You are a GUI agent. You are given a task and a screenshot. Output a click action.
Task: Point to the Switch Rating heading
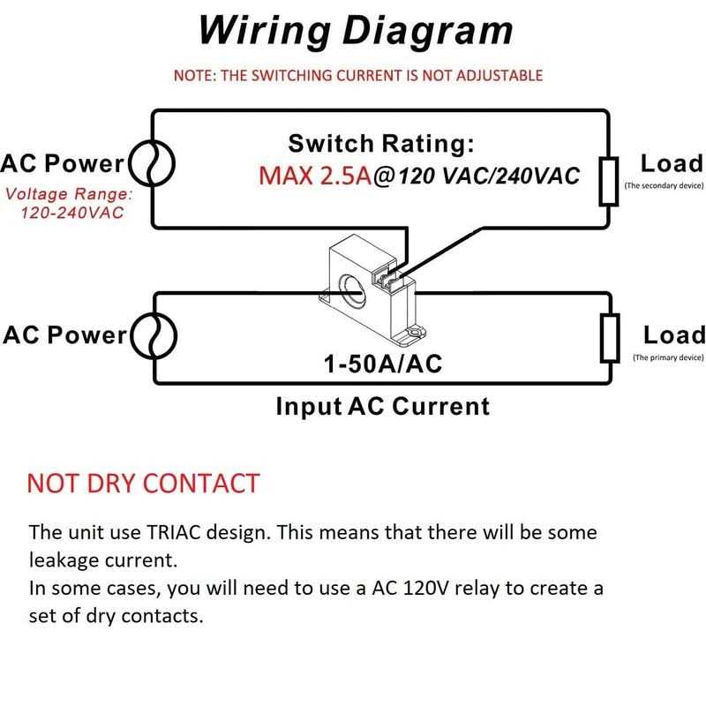point(381,143)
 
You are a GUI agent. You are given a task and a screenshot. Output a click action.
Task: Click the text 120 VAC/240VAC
point(488,176)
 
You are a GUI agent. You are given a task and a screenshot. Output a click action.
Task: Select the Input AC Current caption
point(382,407)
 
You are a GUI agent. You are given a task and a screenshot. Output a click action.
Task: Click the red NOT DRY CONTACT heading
point(143,483)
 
